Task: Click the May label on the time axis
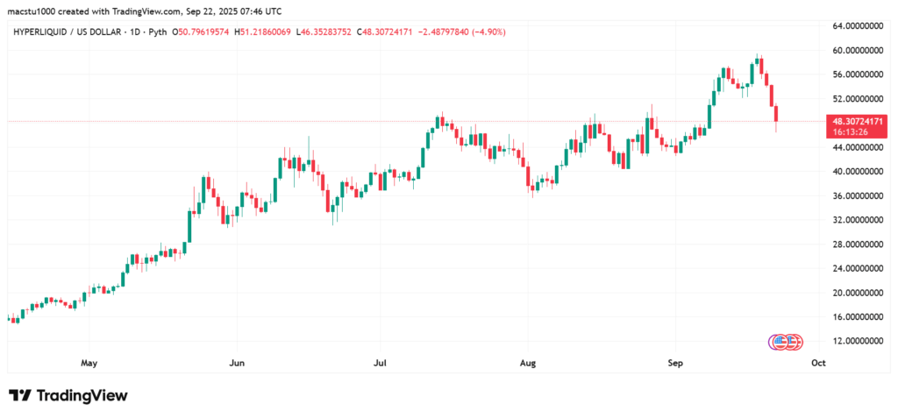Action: (88, 362)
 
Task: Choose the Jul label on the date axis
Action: (380, 362)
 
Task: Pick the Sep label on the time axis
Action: (674, 362)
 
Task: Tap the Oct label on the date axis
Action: (818, 362)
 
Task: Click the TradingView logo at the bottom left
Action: (68, 395)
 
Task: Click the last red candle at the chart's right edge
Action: (777, 115)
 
